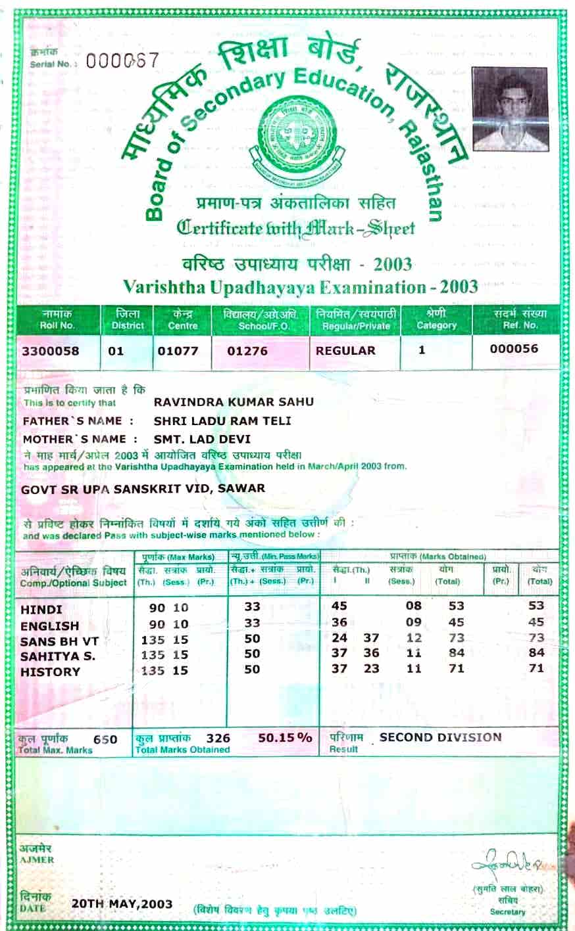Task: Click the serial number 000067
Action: (122, 61)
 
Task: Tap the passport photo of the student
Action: (510, 109)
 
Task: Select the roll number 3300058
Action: (50, 351)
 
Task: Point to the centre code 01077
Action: (178, 351)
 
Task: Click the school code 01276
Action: (247, 351)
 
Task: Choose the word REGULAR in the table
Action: (345, 351)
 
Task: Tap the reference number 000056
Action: (514, 349)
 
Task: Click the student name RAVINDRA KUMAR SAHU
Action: (234, 401)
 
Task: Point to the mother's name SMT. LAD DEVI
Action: (202, 439)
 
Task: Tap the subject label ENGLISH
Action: (50, 625)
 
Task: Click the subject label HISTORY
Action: (51, 671)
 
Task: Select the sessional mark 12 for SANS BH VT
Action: (414, 638)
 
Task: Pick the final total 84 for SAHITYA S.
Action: (536, 652)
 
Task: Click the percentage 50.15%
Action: (285, 738)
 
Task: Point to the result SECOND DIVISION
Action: (440, 737)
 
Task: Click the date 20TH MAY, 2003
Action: (122, 903)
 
